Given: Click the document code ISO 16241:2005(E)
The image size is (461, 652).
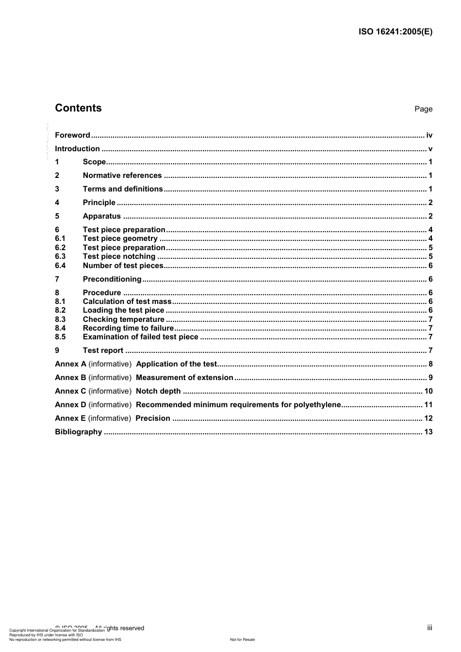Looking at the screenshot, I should (395, 32).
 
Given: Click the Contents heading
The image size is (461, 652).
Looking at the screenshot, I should (78, 108).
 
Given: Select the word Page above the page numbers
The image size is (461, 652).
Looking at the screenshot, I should (423, 109).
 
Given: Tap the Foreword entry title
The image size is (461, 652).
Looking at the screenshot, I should (72, 135).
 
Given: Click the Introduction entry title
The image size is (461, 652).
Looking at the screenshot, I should (77, 149).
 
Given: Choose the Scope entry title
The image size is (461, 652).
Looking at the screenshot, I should (94, 162).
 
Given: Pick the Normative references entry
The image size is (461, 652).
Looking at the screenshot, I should (122, 175).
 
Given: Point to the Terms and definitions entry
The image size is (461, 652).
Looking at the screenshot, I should (123, 189).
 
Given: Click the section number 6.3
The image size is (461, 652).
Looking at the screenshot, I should (60, 256).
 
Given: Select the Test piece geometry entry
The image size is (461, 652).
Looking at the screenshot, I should (120, 239).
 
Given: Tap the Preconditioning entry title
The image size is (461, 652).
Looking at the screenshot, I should (112, 279).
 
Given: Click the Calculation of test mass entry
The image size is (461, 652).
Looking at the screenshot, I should (127, 302).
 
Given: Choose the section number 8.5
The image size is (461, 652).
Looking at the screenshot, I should (60, 337).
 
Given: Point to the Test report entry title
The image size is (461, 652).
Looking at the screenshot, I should (103, 350).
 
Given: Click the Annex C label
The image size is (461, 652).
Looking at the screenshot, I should (70, 391).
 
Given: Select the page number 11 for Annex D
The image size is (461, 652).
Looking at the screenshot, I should (428, 405).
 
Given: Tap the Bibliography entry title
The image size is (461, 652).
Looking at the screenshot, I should (78, 432).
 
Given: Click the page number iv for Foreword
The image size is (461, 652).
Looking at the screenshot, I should (429, 135).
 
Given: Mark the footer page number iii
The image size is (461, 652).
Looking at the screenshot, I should (429, 628).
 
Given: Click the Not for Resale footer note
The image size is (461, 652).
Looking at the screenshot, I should (242, 639).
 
